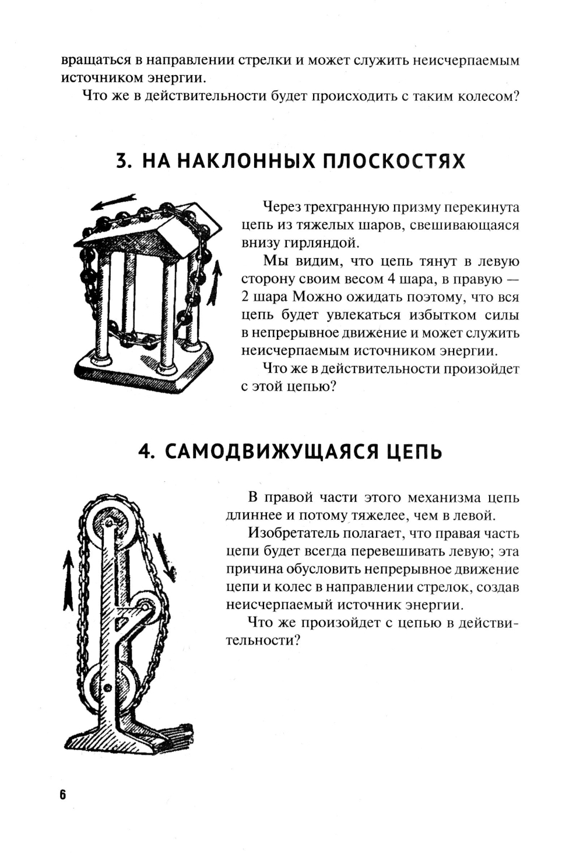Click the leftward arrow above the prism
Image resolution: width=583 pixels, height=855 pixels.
pyautogui.click(x=114, y=202)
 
